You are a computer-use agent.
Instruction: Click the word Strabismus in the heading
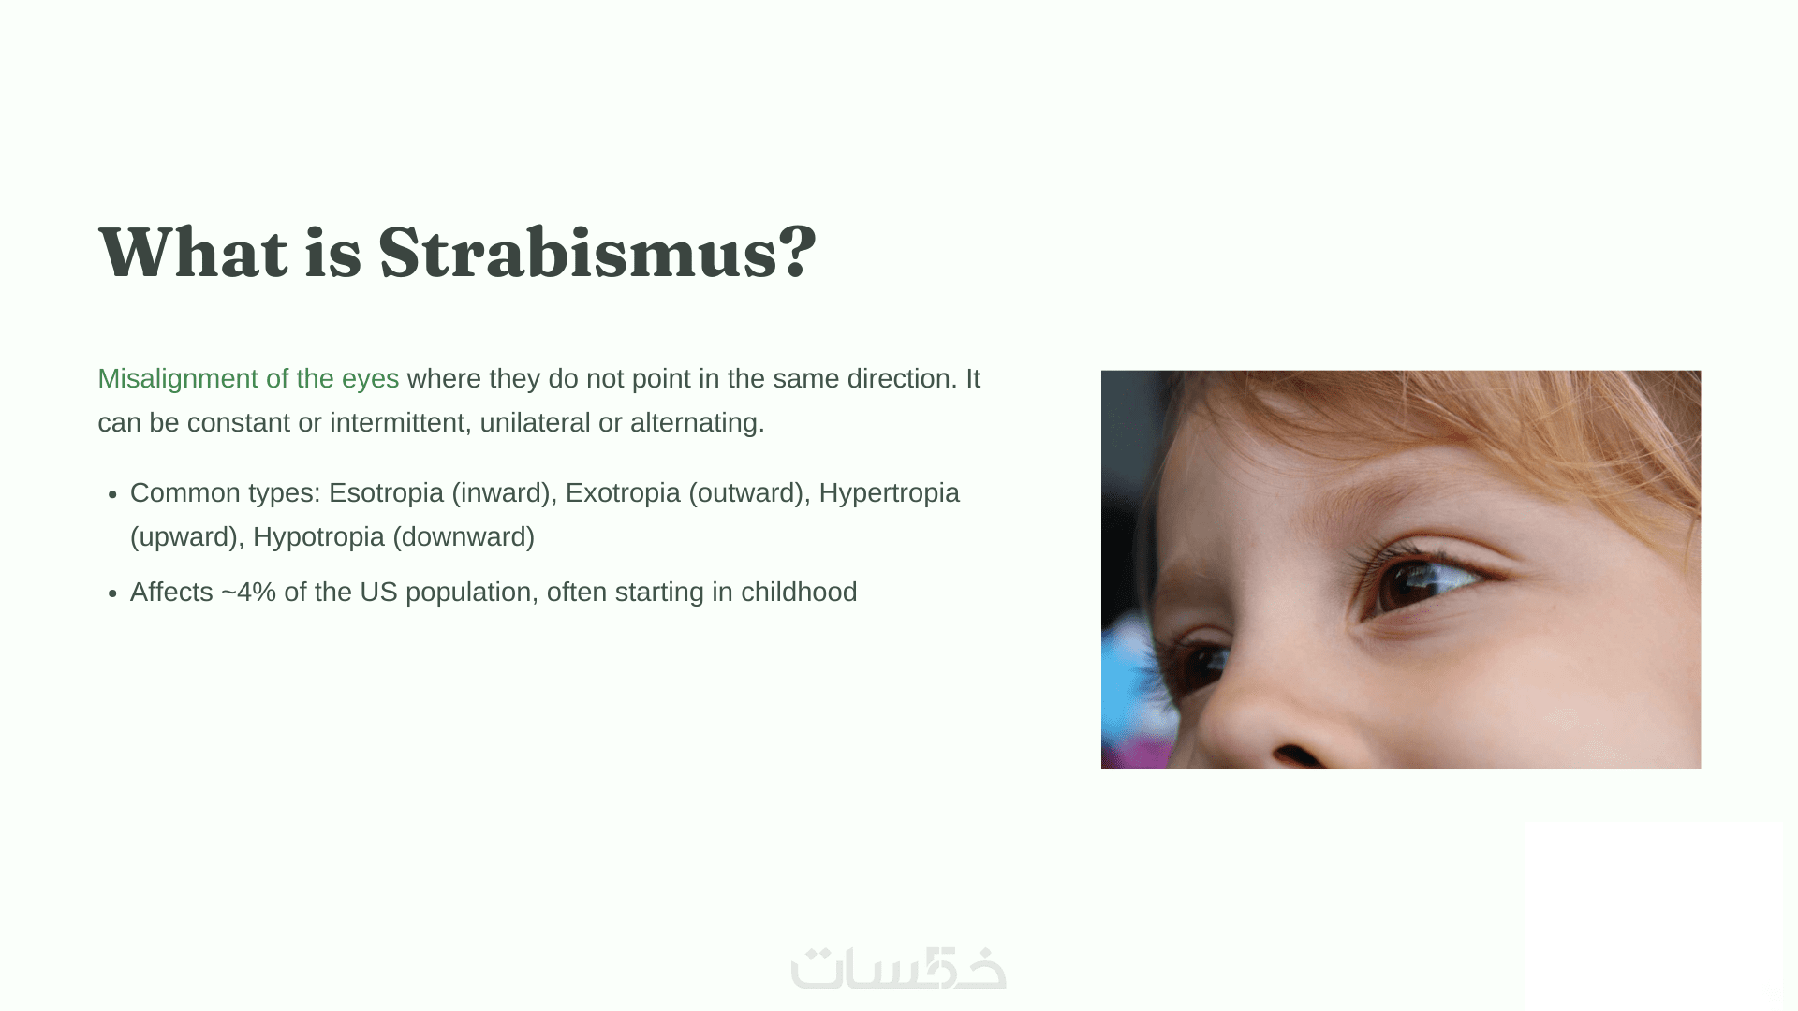578,253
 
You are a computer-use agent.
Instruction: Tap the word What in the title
193,253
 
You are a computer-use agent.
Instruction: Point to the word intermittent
397,423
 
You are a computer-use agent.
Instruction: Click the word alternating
697,423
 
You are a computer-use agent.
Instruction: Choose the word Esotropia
386,493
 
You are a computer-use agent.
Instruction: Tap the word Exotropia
623,493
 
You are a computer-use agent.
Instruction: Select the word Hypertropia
889,493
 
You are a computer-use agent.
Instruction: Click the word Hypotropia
318,537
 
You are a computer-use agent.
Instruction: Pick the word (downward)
464,537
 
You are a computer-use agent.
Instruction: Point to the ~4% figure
248,593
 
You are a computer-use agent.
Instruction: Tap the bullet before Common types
112,495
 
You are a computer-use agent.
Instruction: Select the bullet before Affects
112,594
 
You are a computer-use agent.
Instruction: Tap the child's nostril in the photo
1298,755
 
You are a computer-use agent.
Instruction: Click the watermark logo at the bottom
898,969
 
